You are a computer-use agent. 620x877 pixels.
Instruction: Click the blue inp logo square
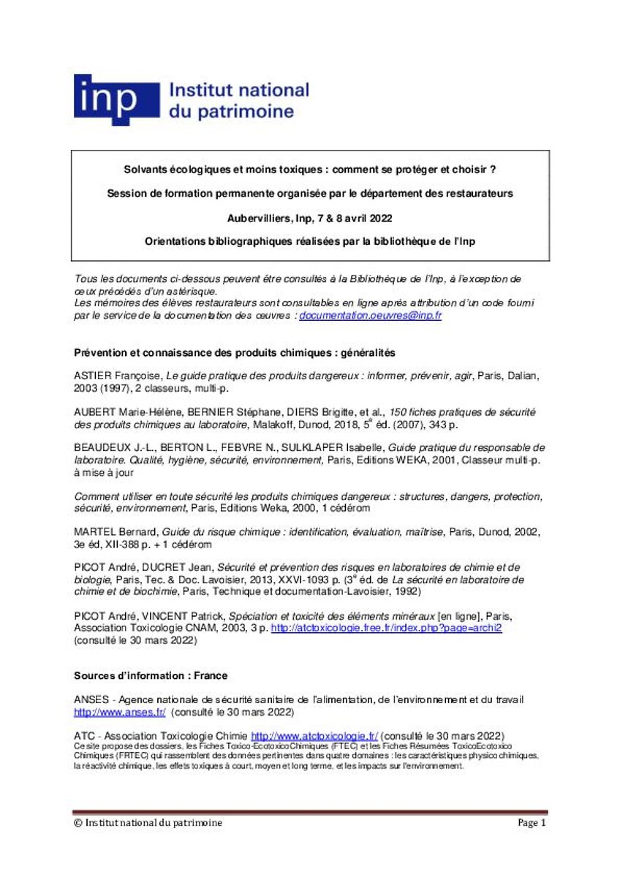(116, 99)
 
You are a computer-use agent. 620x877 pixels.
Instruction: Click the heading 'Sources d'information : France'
(151, 675)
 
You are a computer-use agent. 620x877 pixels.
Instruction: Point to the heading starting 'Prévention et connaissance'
(234, 352)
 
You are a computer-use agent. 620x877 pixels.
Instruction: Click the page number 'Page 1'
(532, 823)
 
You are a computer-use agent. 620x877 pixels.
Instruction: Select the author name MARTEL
(95, 532)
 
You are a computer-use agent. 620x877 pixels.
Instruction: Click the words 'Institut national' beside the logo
(238, 91)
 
